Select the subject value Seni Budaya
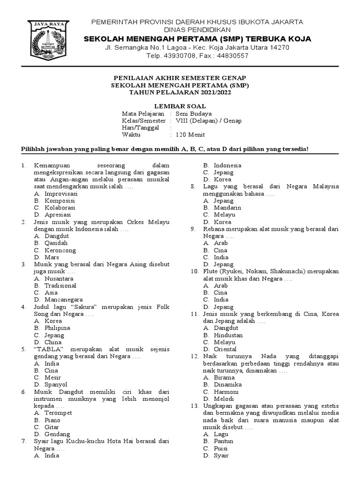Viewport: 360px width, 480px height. [x=194, y=113]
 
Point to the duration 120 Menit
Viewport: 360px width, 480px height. [x=190, y=135]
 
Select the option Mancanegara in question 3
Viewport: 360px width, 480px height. [x=64, y=299]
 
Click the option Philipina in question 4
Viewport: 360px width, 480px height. [x=57, y=328]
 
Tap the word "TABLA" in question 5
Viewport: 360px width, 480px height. [x=50, y=349]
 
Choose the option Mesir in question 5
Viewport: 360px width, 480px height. [x=52, y=377]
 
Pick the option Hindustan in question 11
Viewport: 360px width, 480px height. [x=228, y=335]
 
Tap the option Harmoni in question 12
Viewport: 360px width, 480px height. [x=226, y=391]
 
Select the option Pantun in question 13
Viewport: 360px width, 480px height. [x=224, y=441]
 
